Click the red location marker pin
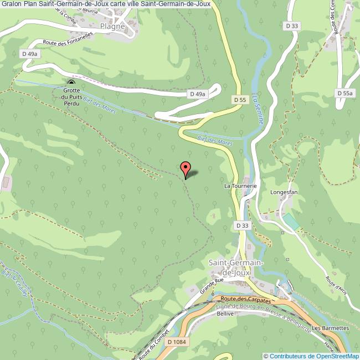[186, 168]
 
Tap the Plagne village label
[112, 26]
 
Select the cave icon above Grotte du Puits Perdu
[71, 84]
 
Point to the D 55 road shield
[239, 100]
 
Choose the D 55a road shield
[344, 94]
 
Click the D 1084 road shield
[176, 342]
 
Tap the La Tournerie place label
[240, 186]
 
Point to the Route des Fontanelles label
[67, 42]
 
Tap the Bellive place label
[225, 313]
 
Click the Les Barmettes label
[330, 328]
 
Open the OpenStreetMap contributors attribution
[311, 356]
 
